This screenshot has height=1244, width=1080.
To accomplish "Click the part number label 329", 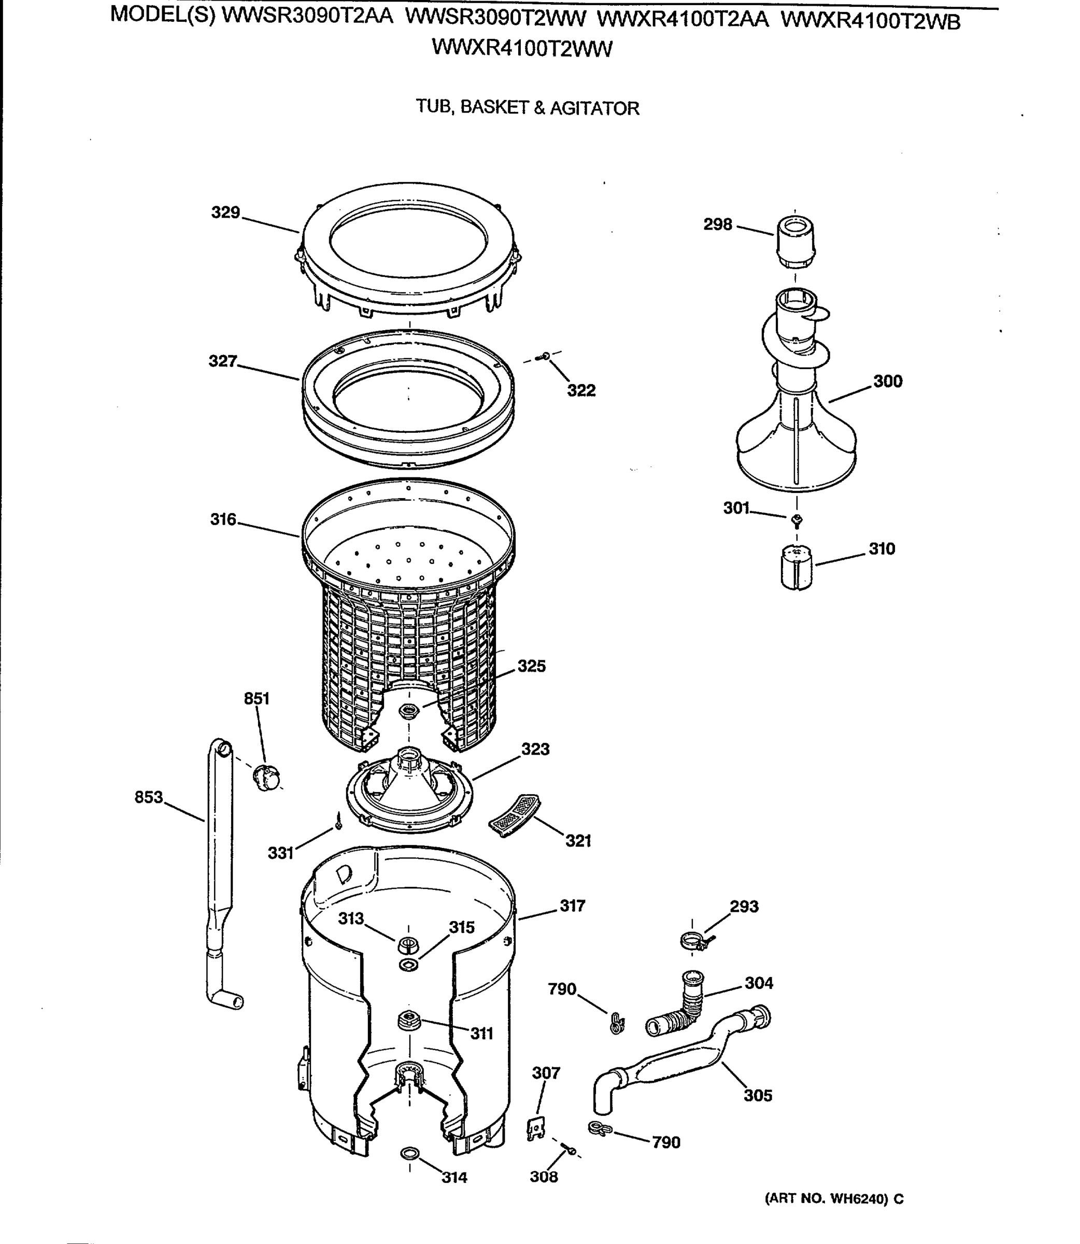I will pos(225,212).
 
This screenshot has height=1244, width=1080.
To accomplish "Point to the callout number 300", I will pos(887,381).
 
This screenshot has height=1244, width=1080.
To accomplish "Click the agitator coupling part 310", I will pos(796,567).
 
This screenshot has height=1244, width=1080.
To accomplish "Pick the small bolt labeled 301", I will pos(797,519).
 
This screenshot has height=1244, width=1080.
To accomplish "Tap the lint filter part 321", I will pos(514,815).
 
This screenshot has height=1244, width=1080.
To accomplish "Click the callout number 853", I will pos(149,797).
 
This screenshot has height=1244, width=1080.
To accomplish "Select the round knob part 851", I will pos(267,777).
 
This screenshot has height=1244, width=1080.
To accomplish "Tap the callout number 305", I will pos(758,1095).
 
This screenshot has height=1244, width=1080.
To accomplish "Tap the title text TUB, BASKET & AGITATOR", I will pos(528,108).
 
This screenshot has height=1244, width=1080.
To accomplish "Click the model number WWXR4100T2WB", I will pos(870,21).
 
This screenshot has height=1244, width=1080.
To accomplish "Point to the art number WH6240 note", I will pos(834,1199).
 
